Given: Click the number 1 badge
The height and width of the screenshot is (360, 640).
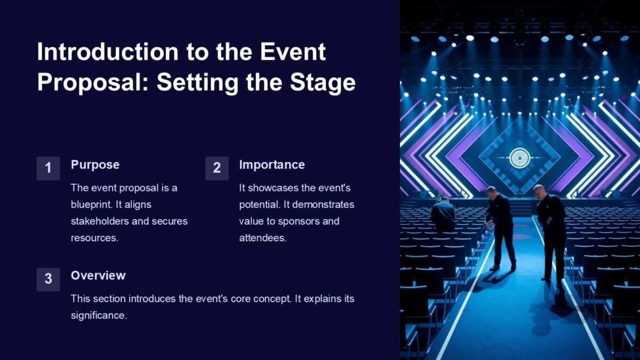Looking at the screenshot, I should (x=48, y=169).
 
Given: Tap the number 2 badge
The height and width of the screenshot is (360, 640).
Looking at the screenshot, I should (x=217, y=169).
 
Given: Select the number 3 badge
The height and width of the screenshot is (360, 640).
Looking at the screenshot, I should (x=48, y=279).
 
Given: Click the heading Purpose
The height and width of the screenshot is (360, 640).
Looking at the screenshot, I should (x=95, y=165).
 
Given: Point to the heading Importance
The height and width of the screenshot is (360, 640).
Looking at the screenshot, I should (x=271, y=165).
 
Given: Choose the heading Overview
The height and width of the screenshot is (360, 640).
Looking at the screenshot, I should (x=98, y=276).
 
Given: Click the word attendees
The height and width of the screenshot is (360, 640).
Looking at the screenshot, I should (x=262, y=238).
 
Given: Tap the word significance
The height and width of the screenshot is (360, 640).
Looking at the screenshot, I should (x=99, y=315).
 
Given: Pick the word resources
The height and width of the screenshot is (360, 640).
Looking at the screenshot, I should (x=94, y=238).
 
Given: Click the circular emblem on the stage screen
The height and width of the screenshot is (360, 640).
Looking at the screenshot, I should (x=519, y=158).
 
